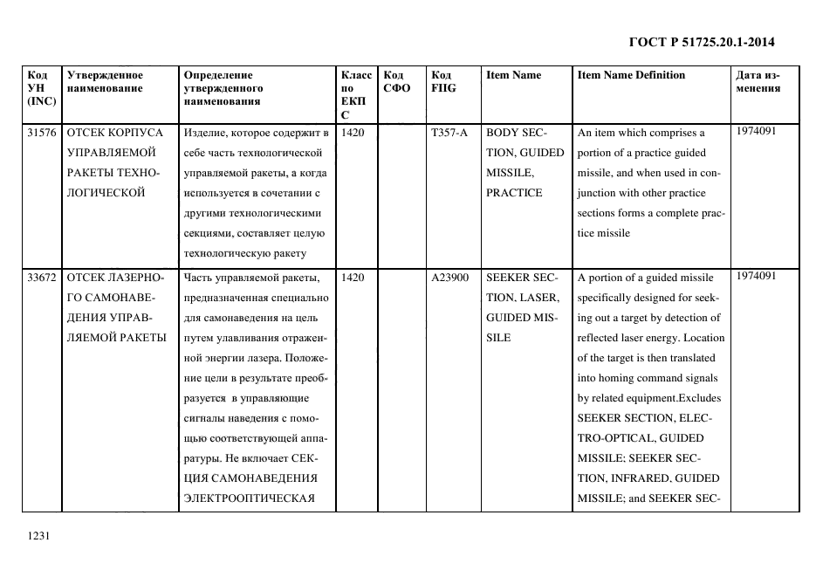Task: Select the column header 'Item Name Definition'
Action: (631, 76)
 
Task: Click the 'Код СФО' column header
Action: (396, 82)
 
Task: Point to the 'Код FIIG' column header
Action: (443, 82)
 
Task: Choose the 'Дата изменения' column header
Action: (758, 82)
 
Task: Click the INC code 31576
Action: (41, 134)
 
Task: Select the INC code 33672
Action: (41, 278)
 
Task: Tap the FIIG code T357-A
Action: (449, 134)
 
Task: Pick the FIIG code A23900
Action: (449, 278)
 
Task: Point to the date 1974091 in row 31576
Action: (755, 132)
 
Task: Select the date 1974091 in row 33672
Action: (755, 277)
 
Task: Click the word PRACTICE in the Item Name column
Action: (514, 194)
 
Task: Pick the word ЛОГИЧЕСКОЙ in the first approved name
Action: (106, 194)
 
